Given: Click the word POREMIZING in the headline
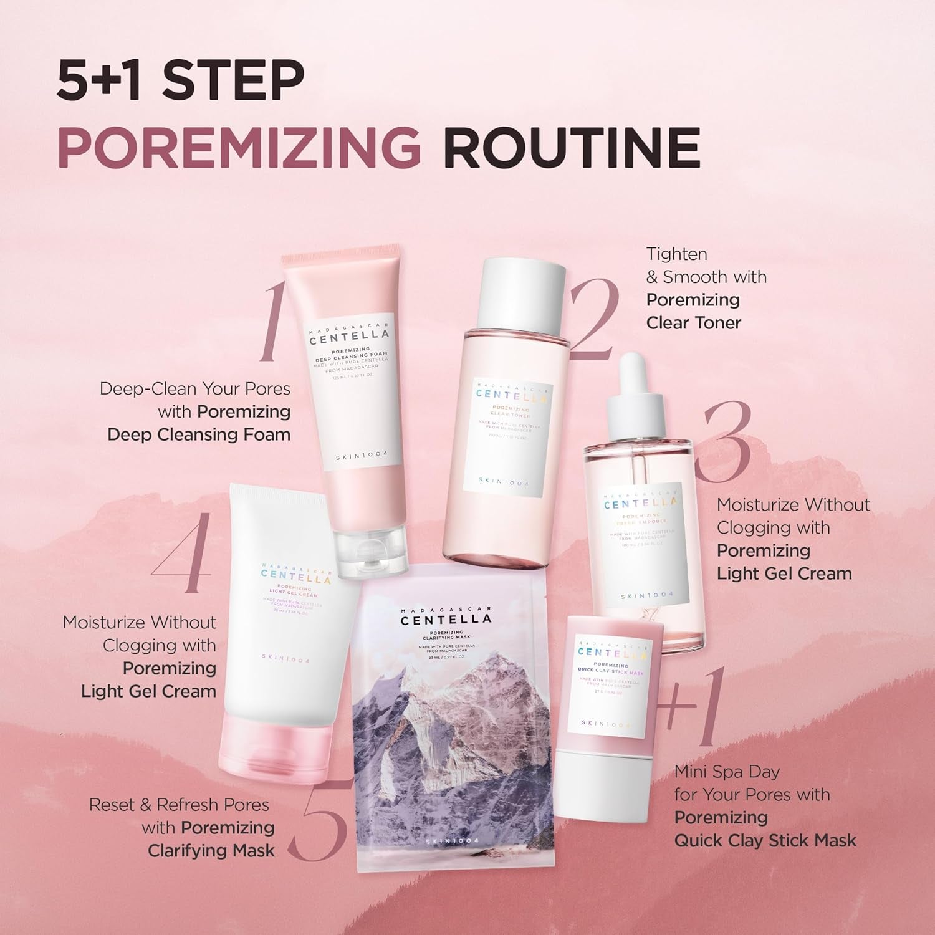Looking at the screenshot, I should [239, 147].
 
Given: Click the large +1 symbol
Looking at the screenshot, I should [692, 707].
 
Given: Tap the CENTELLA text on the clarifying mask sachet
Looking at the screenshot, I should [446, 620].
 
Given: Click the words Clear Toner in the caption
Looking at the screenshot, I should [693, 323].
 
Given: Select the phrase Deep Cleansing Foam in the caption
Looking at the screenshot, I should [199, 434].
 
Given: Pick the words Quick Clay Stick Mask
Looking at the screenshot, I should [765, 840].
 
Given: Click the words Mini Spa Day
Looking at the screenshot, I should [727, 772].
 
